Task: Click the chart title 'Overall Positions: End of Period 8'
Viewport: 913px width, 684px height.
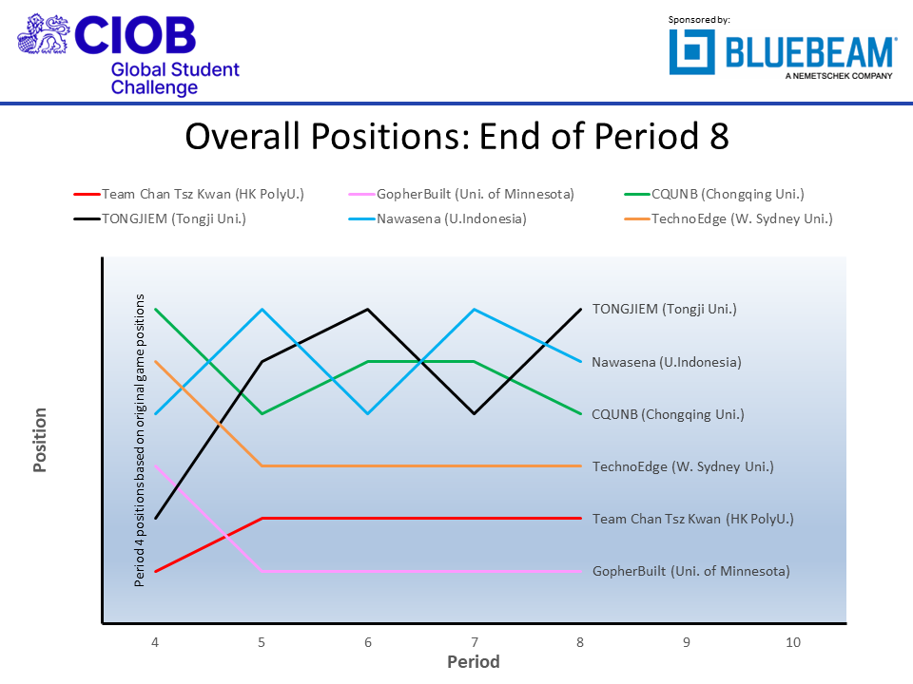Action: pyautogui.click(x=456, y=137)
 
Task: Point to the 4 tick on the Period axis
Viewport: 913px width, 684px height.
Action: pyautogui.click(x=155, y=642)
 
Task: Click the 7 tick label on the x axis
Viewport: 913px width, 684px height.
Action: pyautogui.click(x=474, y=642)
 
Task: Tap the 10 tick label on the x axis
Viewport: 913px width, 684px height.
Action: pyautogui.click(x=792, y=642)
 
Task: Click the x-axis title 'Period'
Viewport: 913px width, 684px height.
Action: pyautogui.click(x=474, y=662)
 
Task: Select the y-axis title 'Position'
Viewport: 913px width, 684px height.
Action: pyautogui.click(x=40, y=440)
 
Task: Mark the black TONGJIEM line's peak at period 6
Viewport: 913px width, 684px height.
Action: pyautogui.click(x=368, y=310)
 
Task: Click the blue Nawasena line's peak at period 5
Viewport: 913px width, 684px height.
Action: pyautogui.click(x=262, y=310)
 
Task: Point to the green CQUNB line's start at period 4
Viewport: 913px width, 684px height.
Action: pyautogui.click(x=155, y=310)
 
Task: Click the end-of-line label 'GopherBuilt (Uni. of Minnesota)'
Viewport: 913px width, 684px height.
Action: pyautogui.click(x=690, y=571)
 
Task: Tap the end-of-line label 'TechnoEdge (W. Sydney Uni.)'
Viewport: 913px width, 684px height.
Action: pyautogui.click(x=683, y=466)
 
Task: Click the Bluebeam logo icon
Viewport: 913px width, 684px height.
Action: pyautogui.click(x=691, y=51)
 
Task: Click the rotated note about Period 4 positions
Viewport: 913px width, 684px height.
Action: pyautogui.click(x=140, y=440)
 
